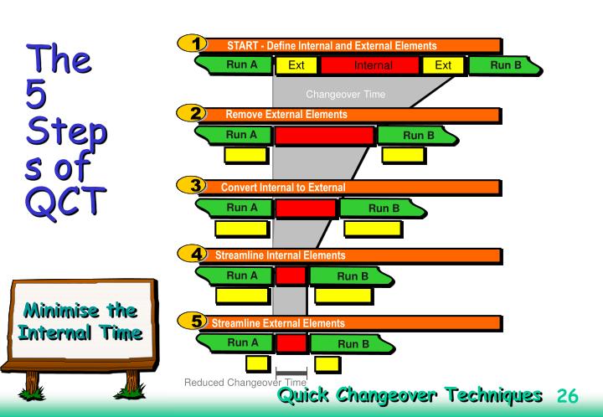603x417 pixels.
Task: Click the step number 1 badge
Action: (195, 44)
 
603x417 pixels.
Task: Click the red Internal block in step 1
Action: (369, 64)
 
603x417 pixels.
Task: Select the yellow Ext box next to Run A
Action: (296, 64)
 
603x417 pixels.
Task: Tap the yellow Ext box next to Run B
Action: (443, 64)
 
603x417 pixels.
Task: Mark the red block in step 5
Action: (291, 342)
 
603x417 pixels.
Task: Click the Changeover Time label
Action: (345, 94)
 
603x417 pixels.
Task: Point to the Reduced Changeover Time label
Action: (245, 384)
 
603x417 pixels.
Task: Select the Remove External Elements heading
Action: (286, 114)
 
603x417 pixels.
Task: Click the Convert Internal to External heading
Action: (282, 187)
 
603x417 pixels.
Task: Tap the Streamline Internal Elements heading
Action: (280, 255)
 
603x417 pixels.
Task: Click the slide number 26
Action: (567, 395)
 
